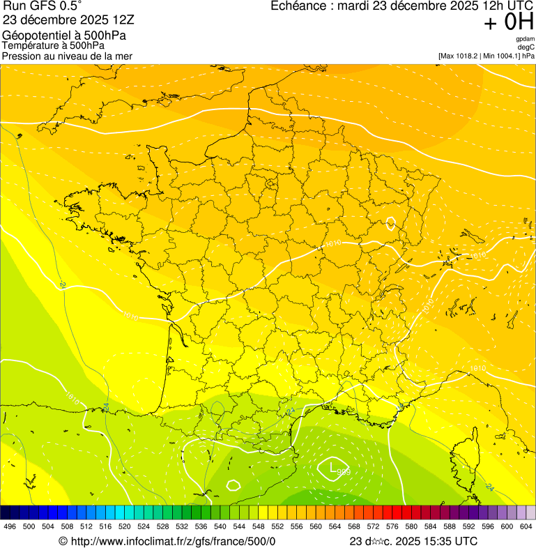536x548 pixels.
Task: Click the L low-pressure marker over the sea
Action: [332, 466]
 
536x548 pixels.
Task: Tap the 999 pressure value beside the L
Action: [343, 473]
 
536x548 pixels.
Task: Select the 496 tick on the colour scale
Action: [10, 526]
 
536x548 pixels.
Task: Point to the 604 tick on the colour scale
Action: [526, 526]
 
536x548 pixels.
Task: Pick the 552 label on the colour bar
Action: [277, 526]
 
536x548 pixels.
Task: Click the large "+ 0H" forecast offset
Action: [508, 22]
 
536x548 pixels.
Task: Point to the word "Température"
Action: [33, 45]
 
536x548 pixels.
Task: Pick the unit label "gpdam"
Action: [525, 39]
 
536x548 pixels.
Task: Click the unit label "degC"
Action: [526, 47]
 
